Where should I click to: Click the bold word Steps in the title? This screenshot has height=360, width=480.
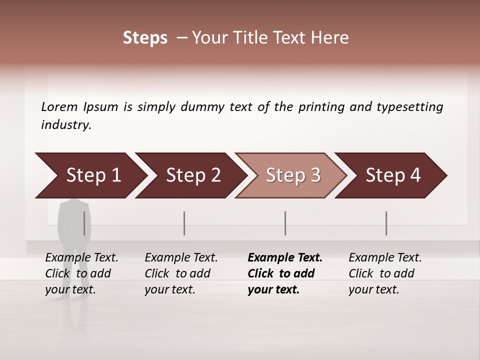[145, 38]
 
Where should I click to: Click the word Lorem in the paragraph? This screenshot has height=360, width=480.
[59, 107]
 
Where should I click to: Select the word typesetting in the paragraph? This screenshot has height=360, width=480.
[409, 107]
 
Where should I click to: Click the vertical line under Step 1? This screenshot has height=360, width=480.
[84, 223]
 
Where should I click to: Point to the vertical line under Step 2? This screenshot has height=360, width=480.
[184, 223]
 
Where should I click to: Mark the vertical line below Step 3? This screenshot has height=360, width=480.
[285, 223]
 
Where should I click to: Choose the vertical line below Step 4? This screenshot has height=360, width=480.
[386, 223]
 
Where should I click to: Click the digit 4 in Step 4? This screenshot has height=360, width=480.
[415, 175]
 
